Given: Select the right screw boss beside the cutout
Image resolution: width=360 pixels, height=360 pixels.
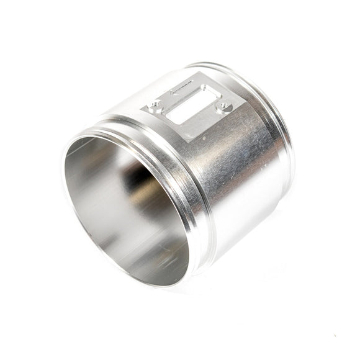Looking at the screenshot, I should (222, 107).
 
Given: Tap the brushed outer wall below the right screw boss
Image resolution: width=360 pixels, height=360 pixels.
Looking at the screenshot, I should (242, 161).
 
